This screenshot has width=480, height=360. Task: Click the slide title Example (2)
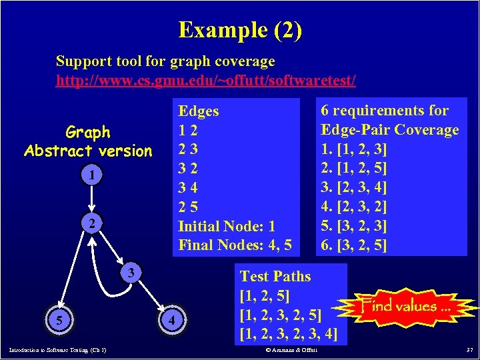click(239, 29)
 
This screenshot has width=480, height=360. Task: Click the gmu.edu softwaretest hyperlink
click(205, 81)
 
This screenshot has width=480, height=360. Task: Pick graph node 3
click(132, 273)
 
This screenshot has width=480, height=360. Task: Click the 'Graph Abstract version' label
click(88, 141)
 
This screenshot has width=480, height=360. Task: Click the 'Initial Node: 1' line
click(226, 227)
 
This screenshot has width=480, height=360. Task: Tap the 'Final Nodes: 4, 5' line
click(235, 245)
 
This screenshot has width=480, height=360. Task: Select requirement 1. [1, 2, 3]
click(354, 148)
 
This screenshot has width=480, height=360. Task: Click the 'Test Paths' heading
click(275, 276)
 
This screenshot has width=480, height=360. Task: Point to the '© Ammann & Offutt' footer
click(291, 350)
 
